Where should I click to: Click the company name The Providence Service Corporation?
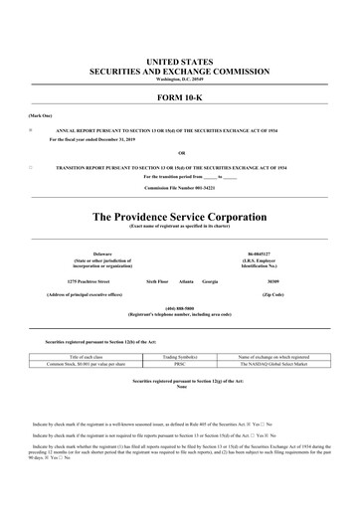180,216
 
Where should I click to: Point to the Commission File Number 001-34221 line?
180,187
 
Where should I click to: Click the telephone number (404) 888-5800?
180,307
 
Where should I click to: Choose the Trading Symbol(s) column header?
180,356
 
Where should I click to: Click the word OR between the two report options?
180,152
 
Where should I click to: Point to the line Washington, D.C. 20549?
180,79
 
